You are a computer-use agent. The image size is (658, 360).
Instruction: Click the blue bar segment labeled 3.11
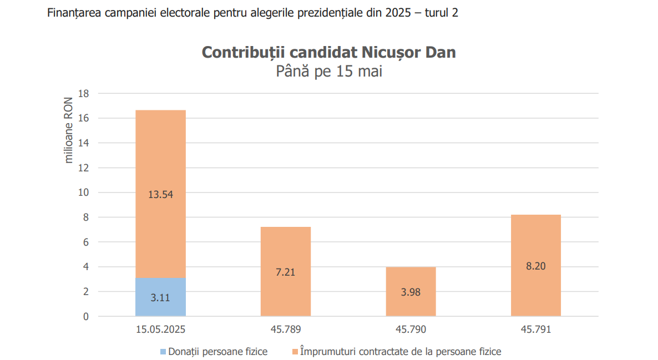point(160,297)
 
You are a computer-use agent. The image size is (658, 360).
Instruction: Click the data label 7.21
point(285,272)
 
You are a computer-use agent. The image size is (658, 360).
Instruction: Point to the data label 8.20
point(535,266)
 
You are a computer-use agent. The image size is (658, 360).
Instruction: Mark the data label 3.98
point(411,292)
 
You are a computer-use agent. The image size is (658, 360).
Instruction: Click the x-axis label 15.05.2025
point(160,329)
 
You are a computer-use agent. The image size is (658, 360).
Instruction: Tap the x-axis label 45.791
point(535,329)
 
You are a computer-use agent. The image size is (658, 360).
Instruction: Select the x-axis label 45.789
point(285,329)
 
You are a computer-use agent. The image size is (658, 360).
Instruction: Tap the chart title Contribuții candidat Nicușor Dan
point(328,52)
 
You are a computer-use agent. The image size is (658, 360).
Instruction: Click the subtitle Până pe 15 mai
point(328,72)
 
